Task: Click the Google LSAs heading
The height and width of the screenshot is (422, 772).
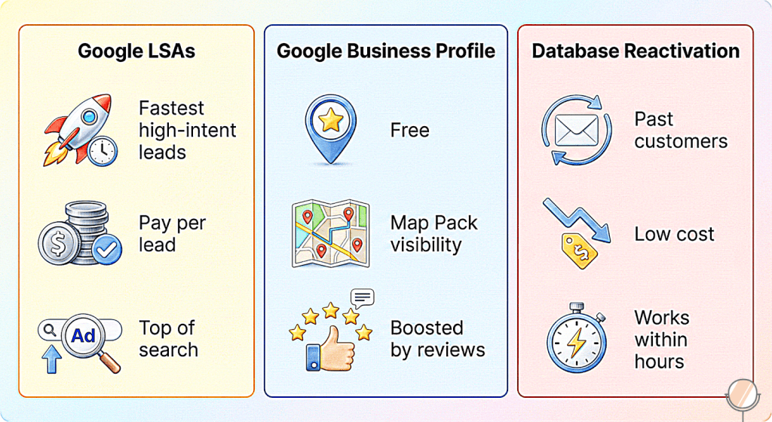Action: tap(136, 51)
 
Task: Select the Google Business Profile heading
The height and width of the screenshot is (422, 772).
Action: tap(386, 51)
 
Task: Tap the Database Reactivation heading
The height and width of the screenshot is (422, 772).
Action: tap(636, 51)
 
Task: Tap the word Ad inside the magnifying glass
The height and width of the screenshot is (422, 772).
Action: tap(84, 335)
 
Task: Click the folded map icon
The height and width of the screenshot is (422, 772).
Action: tap(330, 233)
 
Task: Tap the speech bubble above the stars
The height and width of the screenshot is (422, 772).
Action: tap(362, 297)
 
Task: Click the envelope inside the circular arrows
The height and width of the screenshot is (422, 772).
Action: tap(576, 131)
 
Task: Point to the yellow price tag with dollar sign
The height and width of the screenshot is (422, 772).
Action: tap(580, 248)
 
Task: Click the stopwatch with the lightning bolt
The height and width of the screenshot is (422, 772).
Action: tap(577, 341)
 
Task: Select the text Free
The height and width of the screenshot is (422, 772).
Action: tap(410, 131)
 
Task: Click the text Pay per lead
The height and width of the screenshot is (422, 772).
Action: tap(172, 234)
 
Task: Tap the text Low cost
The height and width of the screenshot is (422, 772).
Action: tap(674, 234)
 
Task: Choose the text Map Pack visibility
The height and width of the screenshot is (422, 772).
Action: tap(434, 234)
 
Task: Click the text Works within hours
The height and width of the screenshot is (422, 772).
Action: tap(662, 339)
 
